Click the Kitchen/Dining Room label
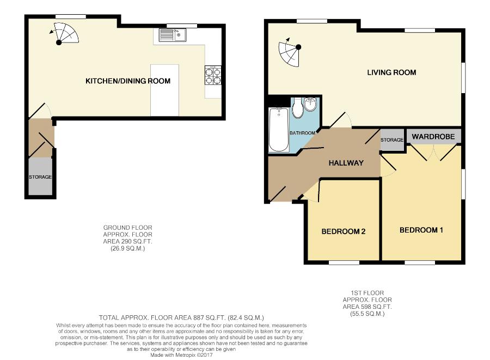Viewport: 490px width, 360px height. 128,81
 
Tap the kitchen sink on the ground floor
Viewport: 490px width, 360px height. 173,35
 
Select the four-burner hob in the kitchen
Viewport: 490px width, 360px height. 213,75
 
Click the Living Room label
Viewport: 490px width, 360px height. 391,72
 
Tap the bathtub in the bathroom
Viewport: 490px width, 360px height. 279,130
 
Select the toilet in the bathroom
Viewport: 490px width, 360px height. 298,108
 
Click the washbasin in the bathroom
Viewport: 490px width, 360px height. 311,105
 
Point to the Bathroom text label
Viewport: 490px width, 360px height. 303,133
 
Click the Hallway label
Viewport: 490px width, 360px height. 346,163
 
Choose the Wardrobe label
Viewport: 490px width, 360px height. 433,137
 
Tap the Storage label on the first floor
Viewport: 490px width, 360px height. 392,140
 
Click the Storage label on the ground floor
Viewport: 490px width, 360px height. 40,177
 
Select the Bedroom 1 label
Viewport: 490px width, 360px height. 421,230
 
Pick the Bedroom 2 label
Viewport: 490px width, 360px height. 344,231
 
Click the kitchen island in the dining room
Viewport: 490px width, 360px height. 164,90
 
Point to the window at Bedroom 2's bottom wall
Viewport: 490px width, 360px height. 344,263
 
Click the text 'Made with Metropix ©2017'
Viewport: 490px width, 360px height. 181,355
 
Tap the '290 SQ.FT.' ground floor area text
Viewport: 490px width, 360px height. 128,242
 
